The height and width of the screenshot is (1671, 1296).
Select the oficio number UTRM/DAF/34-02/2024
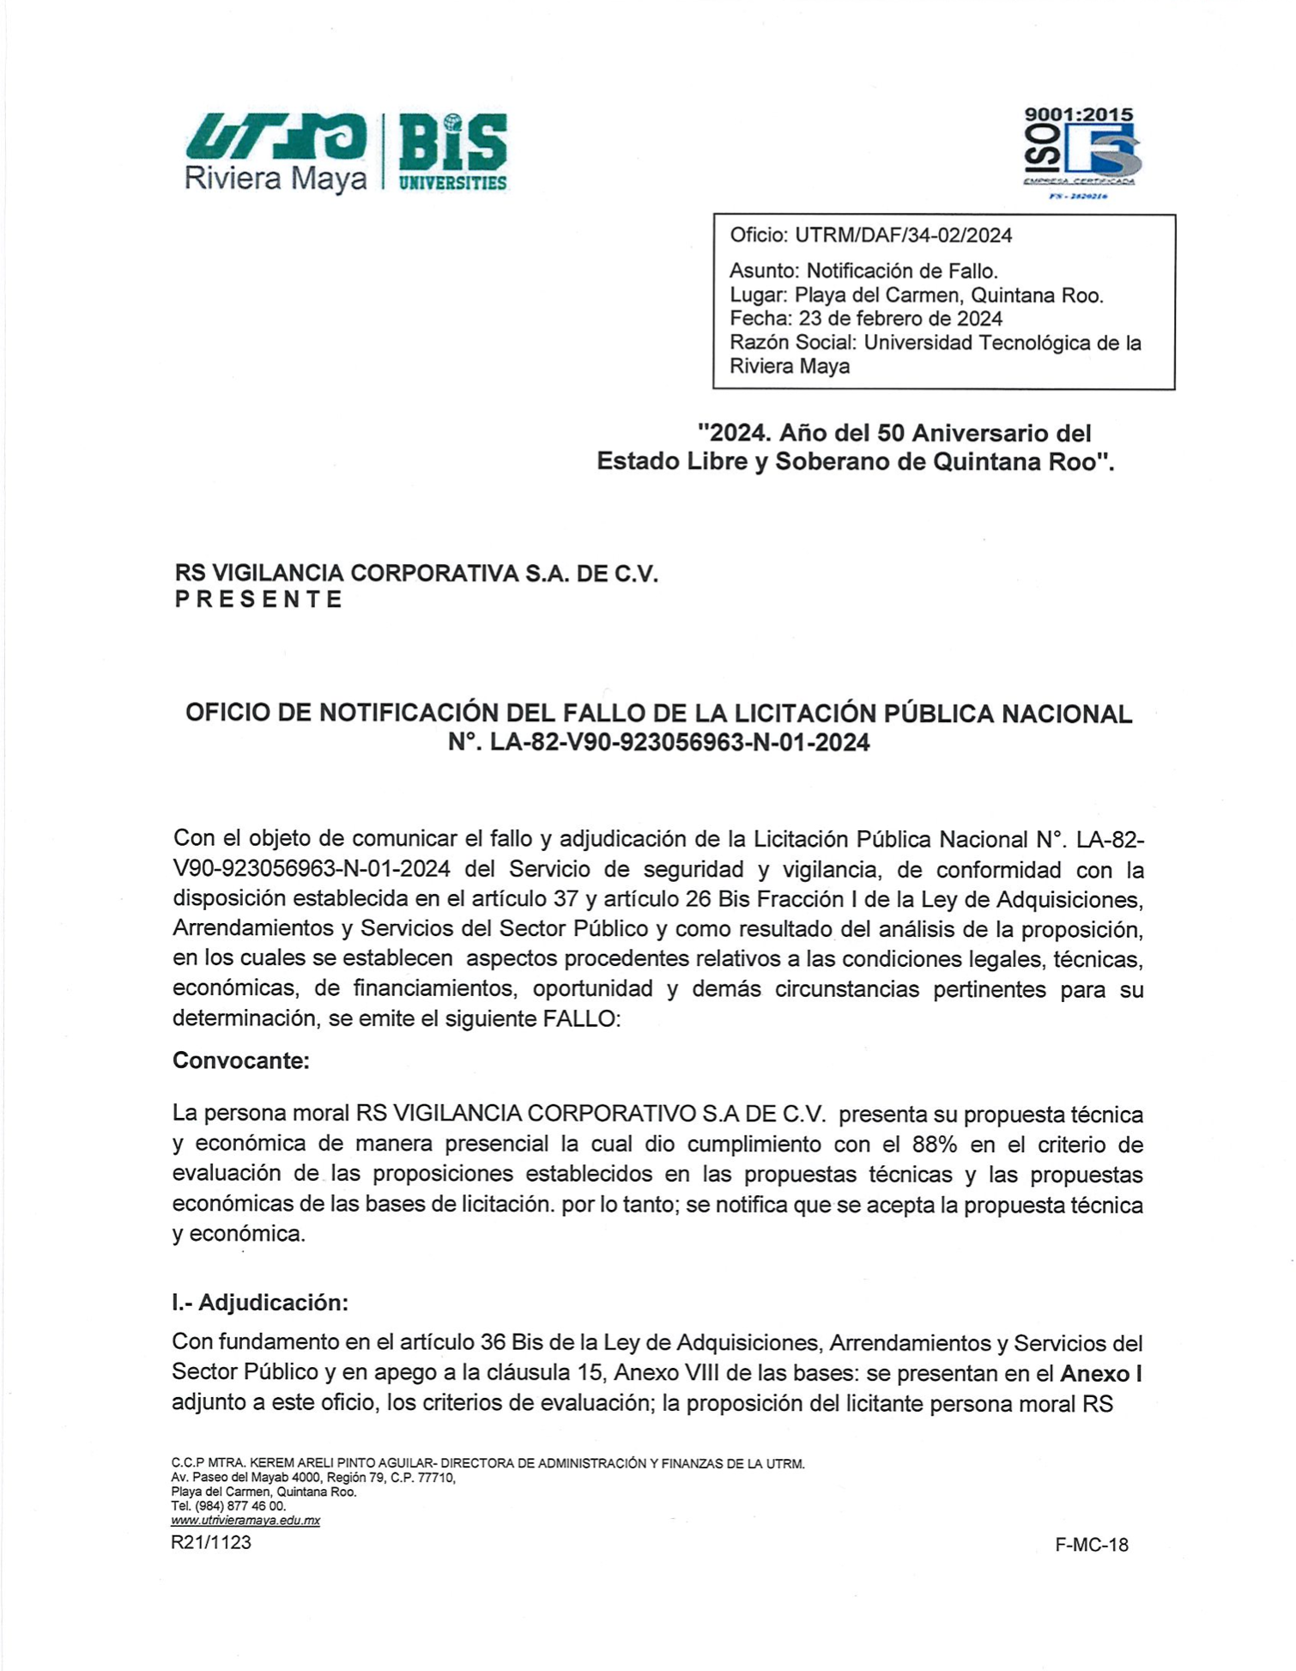click(903, 235)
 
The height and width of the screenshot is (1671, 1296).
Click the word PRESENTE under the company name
click(258, 599)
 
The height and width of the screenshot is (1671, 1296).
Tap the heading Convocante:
click(240, 1060)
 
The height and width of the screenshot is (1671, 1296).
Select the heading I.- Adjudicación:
click(259, 1303)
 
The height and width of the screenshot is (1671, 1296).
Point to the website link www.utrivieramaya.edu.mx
click(245, 1520)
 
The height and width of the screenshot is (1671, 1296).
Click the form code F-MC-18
click(1091, 1545)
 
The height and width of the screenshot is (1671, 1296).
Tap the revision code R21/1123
click(211, 1542)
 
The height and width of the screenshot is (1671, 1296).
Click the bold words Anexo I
click(1100, 1373)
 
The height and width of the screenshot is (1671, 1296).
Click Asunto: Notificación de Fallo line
click(863, 271)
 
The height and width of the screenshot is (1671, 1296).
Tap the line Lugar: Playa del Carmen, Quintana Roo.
click(916, 295)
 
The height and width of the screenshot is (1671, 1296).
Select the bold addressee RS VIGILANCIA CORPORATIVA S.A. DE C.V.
click(416, 573)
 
